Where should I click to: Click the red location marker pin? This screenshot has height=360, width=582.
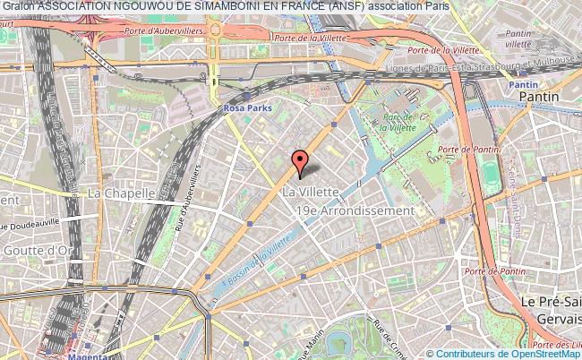301,162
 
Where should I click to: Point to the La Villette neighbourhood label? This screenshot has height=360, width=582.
310,192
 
